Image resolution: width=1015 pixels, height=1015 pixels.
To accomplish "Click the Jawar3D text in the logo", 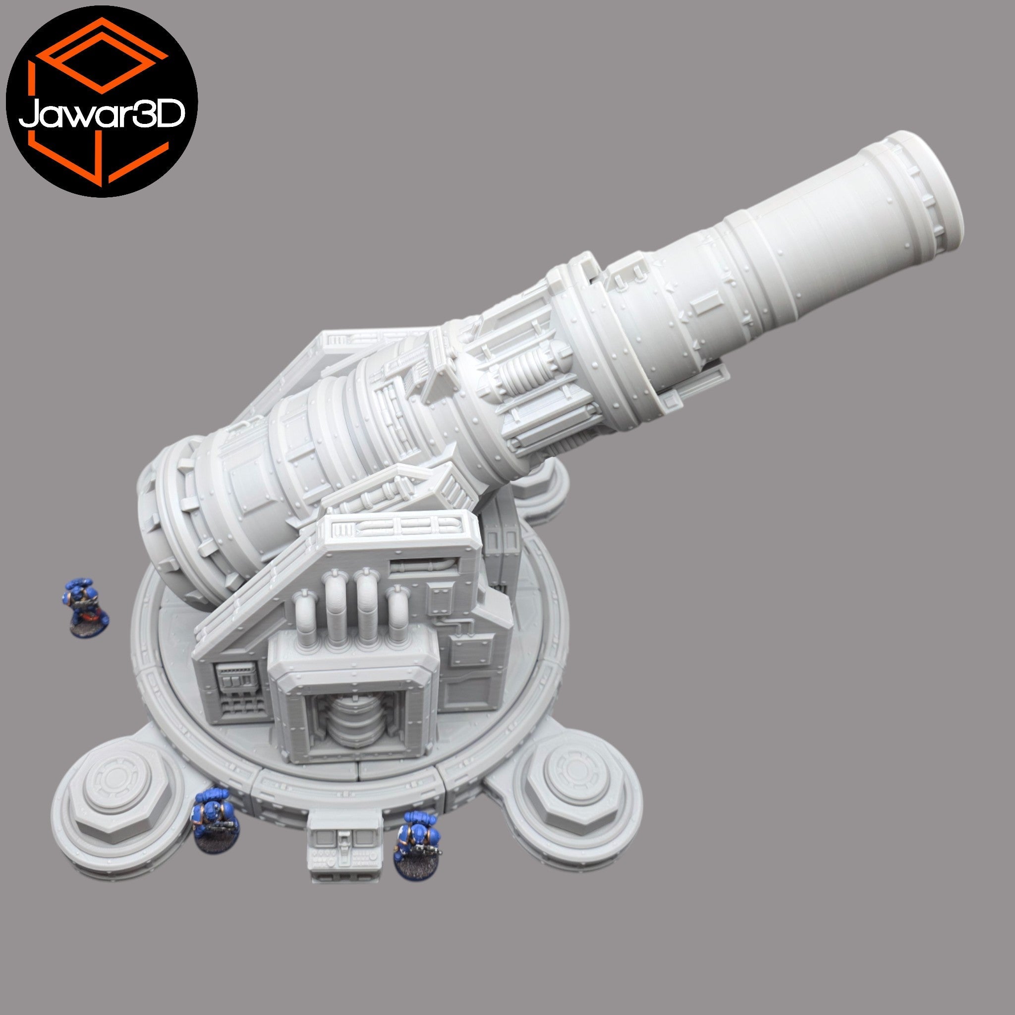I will click(102, 114).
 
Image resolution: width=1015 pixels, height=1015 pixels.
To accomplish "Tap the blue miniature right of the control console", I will click(418, 846).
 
